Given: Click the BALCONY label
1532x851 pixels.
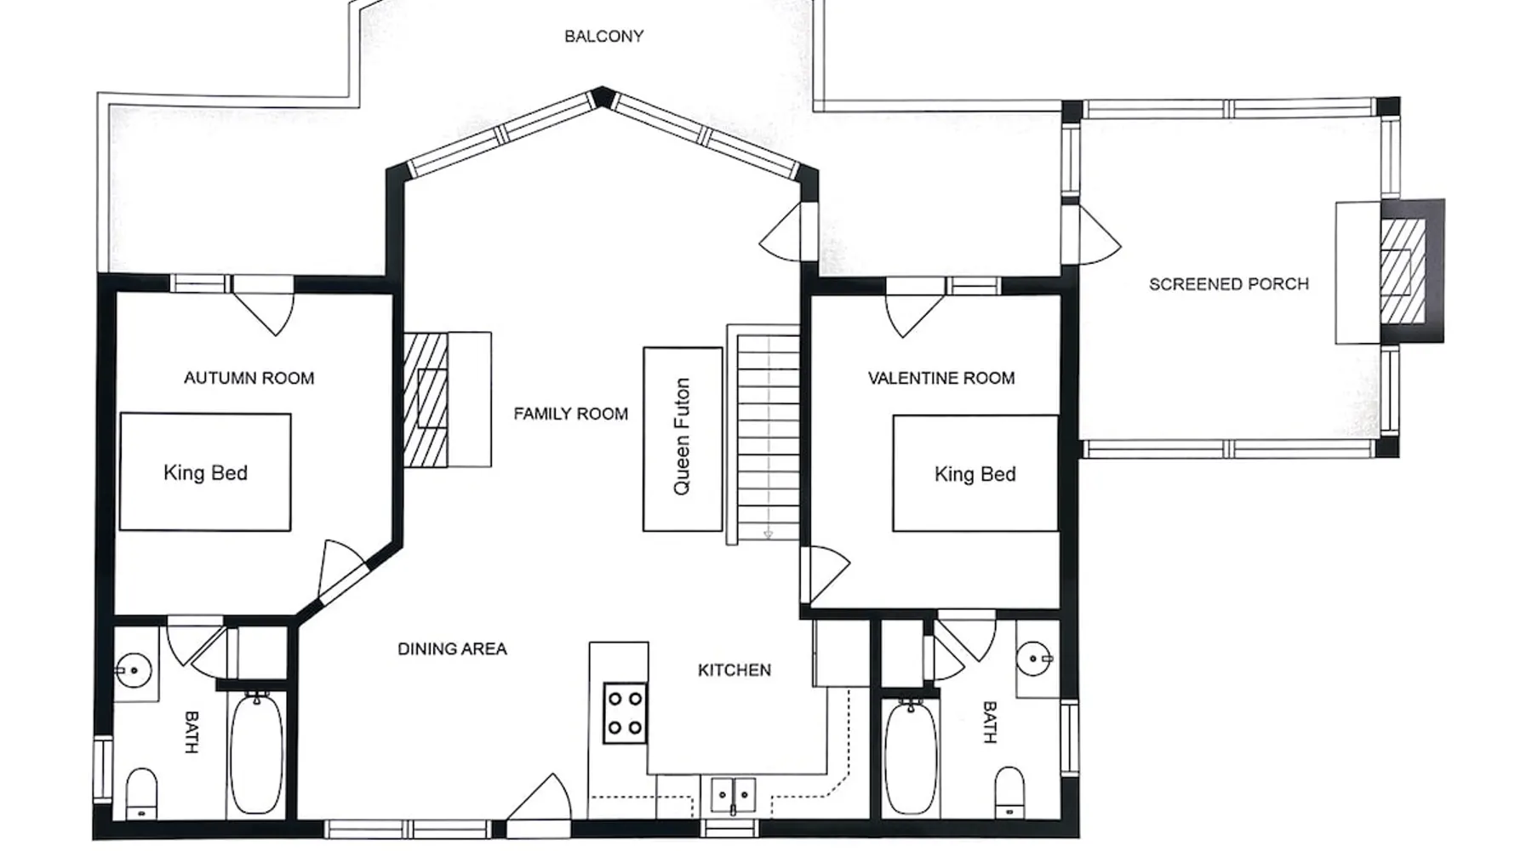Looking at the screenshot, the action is [603, 36].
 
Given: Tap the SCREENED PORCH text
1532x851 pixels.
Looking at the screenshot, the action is [1228, 284].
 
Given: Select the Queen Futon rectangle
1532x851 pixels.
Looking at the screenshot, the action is [683, 439].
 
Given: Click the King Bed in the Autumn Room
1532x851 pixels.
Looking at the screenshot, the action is [205, 472].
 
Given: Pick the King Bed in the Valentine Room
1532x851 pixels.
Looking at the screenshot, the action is [975, 473].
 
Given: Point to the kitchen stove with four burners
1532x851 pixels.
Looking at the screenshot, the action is [625, 713].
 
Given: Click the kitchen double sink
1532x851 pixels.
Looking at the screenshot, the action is [733, 796].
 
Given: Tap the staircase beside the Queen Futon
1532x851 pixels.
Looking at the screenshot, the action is [768, 437].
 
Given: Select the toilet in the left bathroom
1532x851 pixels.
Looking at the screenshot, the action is [141, 793].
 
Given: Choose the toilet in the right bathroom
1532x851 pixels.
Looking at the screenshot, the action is [1010, 793].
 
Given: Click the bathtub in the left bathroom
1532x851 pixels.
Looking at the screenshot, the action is [256, 754].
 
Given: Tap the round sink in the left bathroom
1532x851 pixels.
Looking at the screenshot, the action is [134, 671].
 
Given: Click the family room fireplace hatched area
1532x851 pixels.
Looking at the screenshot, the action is [426, 399].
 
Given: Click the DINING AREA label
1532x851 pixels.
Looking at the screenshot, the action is [452, 649].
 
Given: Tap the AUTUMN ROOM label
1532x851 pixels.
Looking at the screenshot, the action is [249, 378].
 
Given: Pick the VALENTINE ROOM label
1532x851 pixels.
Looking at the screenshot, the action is [941, 378].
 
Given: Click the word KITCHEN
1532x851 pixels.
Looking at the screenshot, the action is [735, 671].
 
